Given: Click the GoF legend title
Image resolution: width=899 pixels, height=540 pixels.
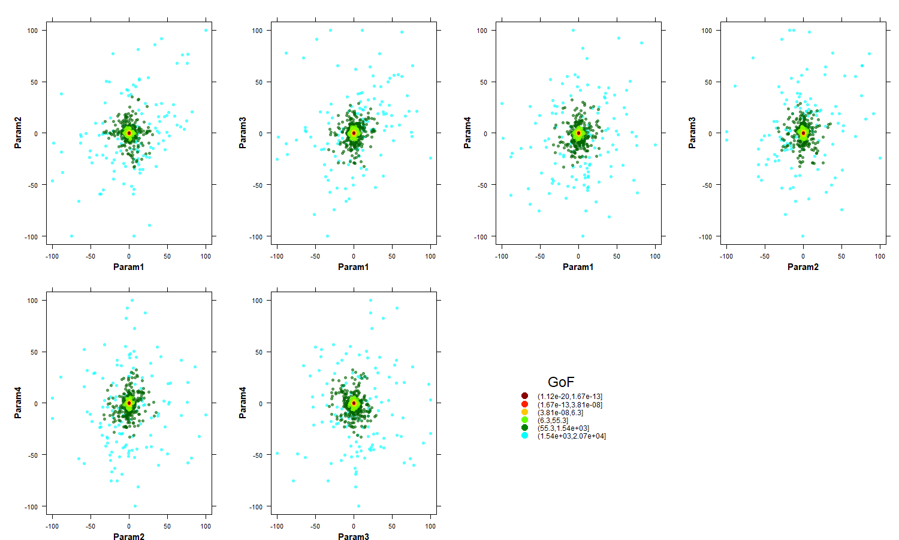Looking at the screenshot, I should (560, 382).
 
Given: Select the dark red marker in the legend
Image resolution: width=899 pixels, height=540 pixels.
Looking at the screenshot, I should (525, 396).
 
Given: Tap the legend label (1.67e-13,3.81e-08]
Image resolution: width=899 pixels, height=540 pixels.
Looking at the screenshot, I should (569, 404).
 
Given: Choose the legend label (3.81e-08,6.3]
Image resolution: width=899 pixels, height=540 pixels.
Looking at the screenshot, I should (560, 413).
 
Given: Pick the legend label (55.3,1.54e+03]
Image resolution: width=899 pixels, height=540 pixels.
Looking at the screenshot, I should (563, 428).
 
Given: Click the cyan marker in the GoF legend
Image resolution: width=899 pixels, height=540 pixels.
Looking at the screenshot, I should (525, 436).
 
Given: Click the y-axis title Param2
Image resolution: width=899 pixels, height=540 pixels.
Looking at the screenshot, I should (18, 133).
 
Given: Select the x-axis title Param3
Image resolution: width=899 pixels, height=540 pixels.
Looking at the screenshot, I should (354, 537).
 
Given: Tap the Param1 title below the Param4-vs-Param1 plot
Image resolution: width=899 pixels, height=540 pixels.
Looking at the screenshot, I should (578, 267).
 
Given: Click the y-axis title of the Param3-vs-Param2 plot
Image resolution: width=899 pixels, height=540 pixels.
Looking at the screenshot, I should (692, 133).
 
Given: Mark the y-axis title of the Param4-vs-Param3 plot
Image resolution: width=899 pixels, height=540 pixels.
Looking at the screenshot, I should (243, 403).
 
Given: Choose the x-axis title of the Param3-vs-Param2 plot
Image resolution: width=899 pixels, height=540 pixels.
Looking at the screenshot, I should (803, 267).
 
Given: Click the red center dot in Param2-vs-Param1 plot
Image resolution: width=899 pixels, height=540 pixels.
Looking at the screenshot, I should (129, 133).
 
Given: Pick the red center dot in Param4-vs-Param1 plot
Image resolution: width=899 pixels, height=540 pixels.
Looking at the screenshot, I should (578, 133).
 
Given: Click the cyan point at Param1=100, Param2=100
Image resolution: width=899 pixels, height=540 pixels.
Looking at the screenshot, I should (206, 30).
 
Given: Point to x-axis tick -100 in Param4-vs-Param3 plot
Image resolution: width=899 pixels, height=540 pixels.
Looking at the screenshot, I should (277, 526).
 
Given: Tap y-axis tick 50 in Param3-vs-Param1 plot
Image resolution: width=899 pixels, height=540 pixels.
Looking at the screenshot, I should (258, 82).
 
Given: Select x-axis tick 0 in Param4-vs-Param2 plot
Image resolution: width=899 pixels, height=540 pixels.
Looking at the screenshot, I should (129, 526).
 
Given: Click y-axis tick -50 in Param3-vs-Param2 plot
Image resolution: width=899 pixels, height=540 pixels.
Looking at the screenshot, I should (707, 185).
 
